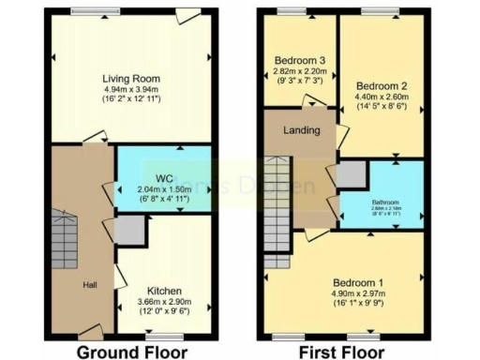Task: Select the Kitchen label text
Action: [163, 291]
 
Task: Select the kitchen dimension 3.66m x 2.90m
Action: [163, 302]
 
